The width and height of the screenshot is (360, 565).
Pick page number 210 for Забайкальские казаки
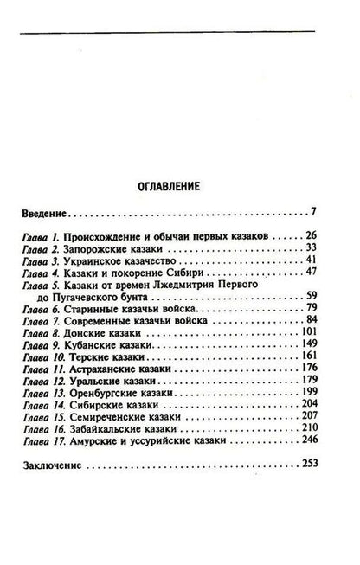[310, 453]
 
